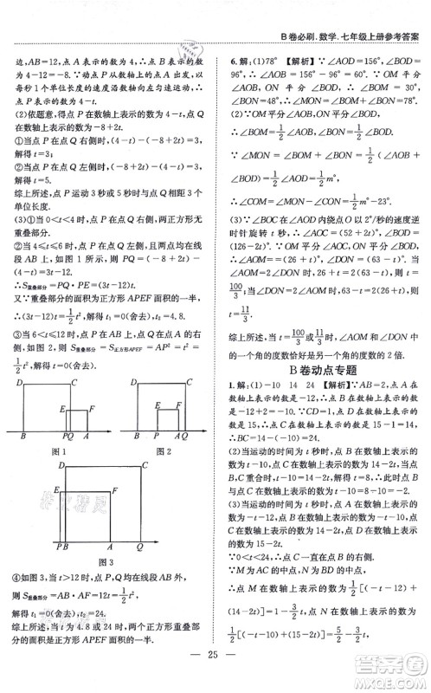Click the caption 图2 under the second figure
pyautogui.click(x=164, y=453)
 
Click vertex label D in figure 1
pyautogui.click(x=19, y=384)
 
